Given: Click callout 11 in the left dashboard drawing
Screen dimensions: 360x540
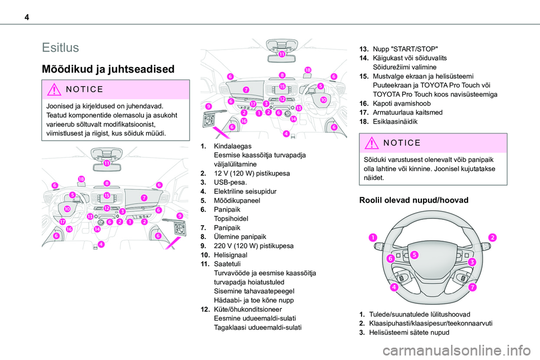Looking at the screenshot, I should pos(106,163).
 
